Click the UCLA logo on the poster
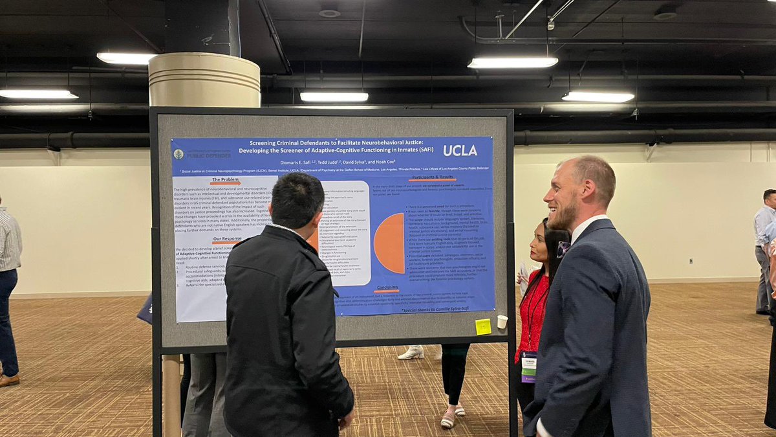point(460,150)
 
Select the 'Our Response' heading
point(228,239)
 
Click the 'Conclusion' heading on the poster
point(387,288)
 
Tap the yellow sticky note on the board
point(482,327)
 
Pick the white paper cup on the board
point(502,322)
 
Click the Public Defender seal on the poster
point(178,154)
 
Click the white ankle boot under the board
point(411,353)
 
